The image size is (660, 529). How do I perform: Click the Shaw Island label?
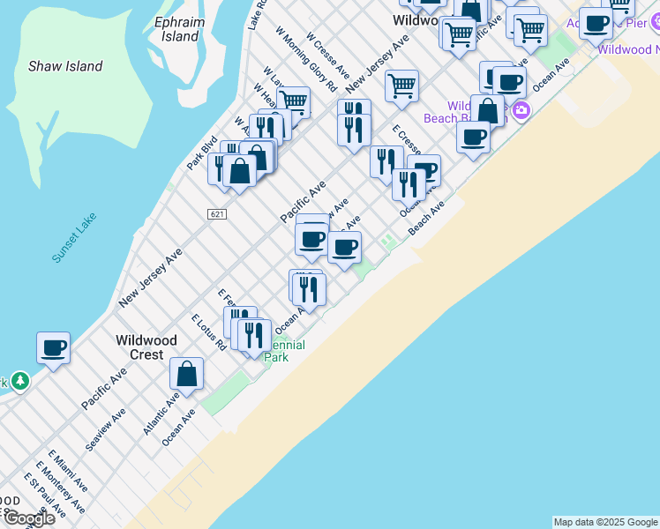click(65, 66)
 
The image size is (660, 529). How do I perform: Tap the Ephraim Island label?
click(182, 29)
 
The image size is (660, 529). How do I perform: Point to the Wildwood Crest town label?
click(146, 347)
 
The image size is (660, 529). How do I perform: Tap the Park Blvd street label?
click(202, 153)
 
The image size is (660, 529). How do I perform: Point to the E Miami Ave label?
click(69, 472)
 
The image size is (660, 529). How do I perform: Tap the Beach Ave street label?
click(425, 218)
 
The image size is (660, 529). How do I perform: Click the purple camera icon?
click(521, 110)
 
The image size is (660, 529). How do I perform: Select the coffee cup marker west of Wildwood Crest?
click(54, 348)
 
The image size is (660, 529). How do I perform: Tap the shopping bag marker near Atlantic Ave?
click(187, 373)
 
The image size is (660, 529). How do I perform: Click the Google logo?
click(29, 518)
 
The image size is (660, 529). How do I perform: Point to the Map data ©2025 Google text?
click(605, 522)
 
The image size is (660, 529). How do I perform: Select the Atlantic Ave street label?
click(161, 414)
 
